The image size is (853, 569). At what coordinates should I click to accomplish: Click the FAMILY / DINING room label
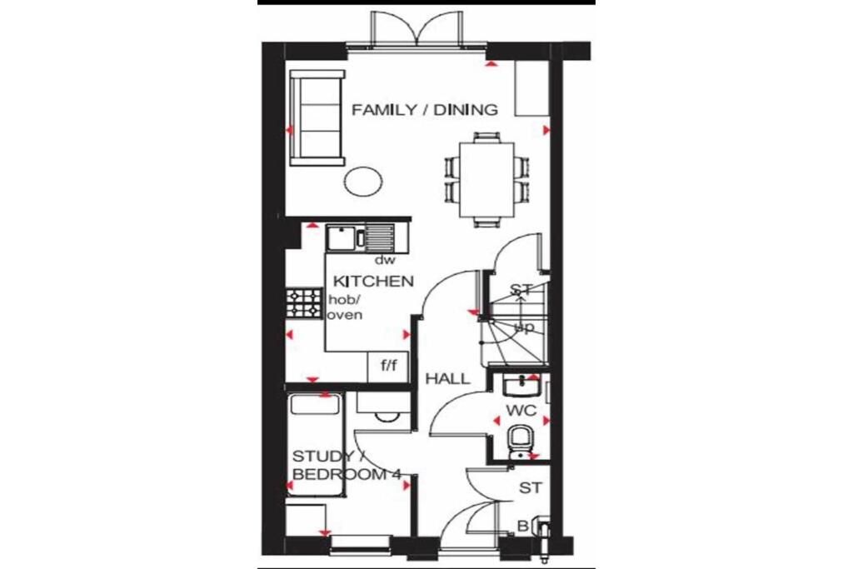point(424,110)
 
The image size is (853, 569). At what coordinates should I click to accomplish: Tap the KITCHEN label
point(373,281)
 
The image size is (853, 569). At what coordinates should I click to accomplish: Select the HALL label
point(447,378)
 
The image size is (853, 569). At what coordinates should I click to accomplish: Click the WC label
point(520,411)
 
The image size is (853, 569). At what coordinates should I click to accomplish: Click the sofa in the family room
point(317,118)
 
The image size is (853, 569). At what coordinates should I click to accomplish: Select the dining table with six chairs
point(487,179)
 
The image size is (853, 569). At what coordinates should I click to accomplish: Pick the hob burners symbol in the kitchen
point(304,303)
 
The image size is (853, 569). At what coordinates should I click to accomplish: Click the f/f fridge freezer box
point(388,366)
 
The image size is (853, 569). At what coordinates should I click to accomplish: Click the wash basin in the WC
point(522,386)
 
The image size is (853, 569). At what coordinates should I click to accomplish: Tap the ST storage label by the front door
point(528,487)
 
